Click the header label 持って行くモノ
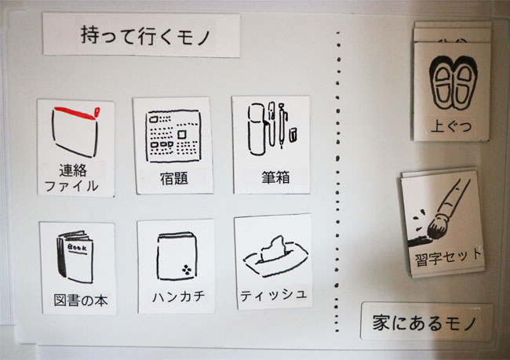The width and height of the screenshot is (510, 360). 146,35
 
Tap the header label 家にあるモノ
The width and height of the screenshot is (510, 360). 424,322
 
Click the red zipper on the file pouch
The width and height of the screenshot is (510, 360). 77,113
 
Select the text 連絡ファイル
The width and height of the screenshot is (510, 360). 71,178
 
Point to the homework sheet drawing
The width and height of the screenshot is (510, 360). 173,136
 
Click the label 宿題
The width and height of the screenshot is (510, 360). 174,179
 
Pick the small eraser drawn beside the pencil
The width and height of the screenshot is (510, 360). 293,135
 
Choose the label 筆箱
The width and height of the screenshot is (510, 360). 275,177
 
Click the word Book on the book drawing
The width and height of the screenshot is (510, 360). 77,248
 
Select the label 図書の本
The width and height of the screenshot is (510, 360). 81,300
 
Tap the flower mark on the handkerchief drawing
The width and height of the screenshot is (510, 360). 187,270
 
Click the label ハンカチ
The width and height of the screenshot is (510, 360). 179,296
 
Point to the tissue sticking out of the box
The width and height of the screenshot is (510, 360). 272,249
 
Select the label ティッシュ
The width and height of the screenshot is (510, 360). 273,295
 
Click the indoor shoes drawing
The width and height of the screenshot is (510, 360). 453,82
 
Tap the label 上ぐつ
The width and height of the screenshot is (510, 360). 451,125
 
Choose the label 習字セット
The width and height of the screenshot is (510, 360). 448,257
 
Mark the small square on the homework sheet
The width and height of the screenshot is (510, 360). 182,134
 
